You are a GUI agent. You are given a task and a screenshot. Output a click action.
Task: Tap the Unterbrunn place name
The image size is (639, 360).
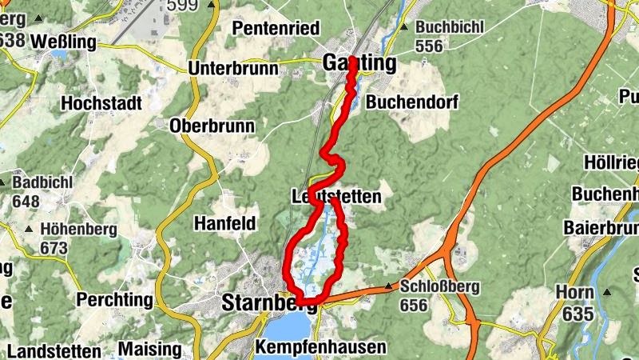point(232,68)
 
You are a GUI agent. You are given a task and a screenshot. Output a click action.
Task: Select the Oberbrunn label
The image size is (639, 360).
point(212,126)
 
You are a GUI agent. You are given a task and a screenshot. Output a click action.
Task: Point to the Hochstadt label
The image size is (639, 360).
point(101,103)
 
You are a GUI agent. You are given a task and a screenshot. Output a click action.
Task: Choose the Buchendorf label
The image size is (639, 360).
point(403,102)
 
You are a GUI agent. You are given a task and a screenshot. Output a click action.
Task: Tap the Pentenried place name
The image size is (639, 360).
point(276,28)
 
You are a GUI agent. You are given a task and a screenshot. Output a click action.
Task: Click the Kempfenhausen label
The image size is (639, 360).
point(320,347)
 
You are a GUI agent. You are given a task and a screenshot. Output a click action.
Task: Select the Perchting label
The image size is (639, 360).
point(114,300)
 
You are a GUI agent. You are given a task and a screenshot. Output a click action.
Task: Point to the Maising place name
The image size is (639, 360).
point(149,349)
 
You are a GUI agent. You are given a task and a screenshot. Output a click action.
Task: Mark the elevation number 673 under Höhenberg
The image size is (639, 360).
point(54,248)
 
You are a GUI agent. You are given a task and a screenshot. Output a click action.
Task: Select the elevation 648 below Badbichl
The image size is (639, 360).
point(26,201)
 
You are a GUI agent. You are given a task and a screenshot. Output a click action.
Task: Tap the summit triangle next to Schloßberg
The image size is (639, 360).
point(390,286)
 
